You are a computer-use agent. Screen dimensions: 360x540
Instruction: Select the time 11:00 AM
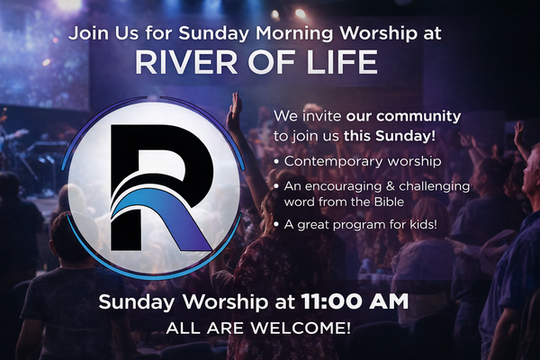(x=359, y=301)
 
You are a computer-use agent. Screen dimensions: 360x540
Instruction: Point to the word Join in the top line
(x=87, y=37)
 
